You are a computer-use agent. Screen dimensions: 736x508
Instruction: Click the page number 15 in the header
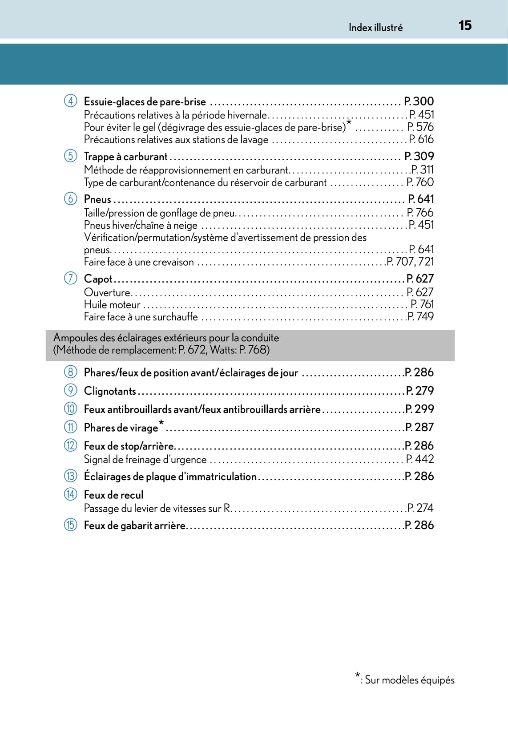tap(465, 25)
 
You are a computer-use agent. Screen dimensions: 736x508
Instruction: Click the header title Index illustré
tap(375, 28)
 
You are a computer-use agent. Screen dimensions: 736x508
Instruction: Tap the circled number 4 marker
tap(70, 101)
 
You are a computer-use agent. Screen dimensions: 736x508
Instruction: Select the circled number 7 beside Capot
tap(70, 278)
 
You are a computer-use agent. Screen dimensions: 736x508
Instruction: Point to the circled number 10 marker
tap(70, 408)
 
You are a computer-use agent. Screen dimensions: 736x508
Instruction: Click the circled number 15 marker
tap(70, 525)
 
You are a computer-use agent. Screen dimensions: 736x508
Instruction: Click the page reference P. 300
tap(419, 101)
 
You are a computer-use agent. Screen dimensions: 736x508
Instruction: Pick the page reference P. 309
tap(419, 156)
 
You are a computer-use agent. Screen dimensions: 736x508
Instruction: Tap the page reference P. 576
tap(420, 127)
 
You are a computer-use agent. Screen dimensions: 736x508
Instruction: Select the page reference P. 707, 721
tap(410, 262)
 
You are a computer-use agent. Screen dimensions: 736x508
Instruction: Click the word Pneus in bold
tap(97, 199)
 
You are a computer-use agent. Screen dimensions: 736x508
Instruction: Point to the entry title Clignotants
tap(110, 391)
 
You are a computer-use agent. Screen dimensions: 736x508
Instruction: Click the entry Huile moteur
tap(112, 304)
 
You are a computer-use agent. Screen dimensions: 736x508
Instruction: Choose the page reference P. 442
tap(419, 459)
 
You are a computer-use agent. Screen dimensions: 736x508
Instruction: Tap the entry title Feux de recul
tap(113, 495)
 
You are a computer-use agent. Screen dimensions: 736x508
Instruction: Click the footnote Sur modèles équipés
tap(409, 680)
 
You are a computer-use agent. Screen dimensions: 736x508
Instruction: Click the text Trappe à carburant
tap(125, 157)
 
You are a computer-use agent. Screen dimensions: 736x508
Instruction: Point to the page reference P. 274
tap(420, 508)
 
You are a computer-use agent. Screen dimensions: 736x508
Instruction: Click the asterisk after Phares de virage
tap(161, 422)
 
